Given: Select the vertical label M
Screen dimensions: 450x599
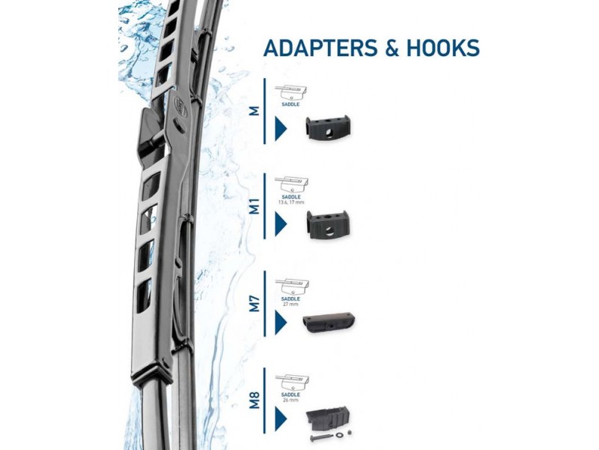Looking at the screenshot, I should point(255,110).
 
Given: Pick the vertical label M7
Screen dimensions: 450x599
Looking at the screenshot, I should point(255,303).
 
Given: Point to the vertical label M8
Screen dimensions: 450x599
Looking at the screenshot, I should point(255,397).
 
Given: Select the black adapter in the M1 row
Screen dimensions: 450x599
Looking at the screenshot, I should point(327,223).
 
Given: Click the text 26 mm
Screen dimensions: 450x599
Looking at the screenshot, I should point(291,400).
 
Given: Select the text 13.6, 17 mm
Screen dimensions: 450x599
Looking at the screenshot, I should point(291,202).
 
